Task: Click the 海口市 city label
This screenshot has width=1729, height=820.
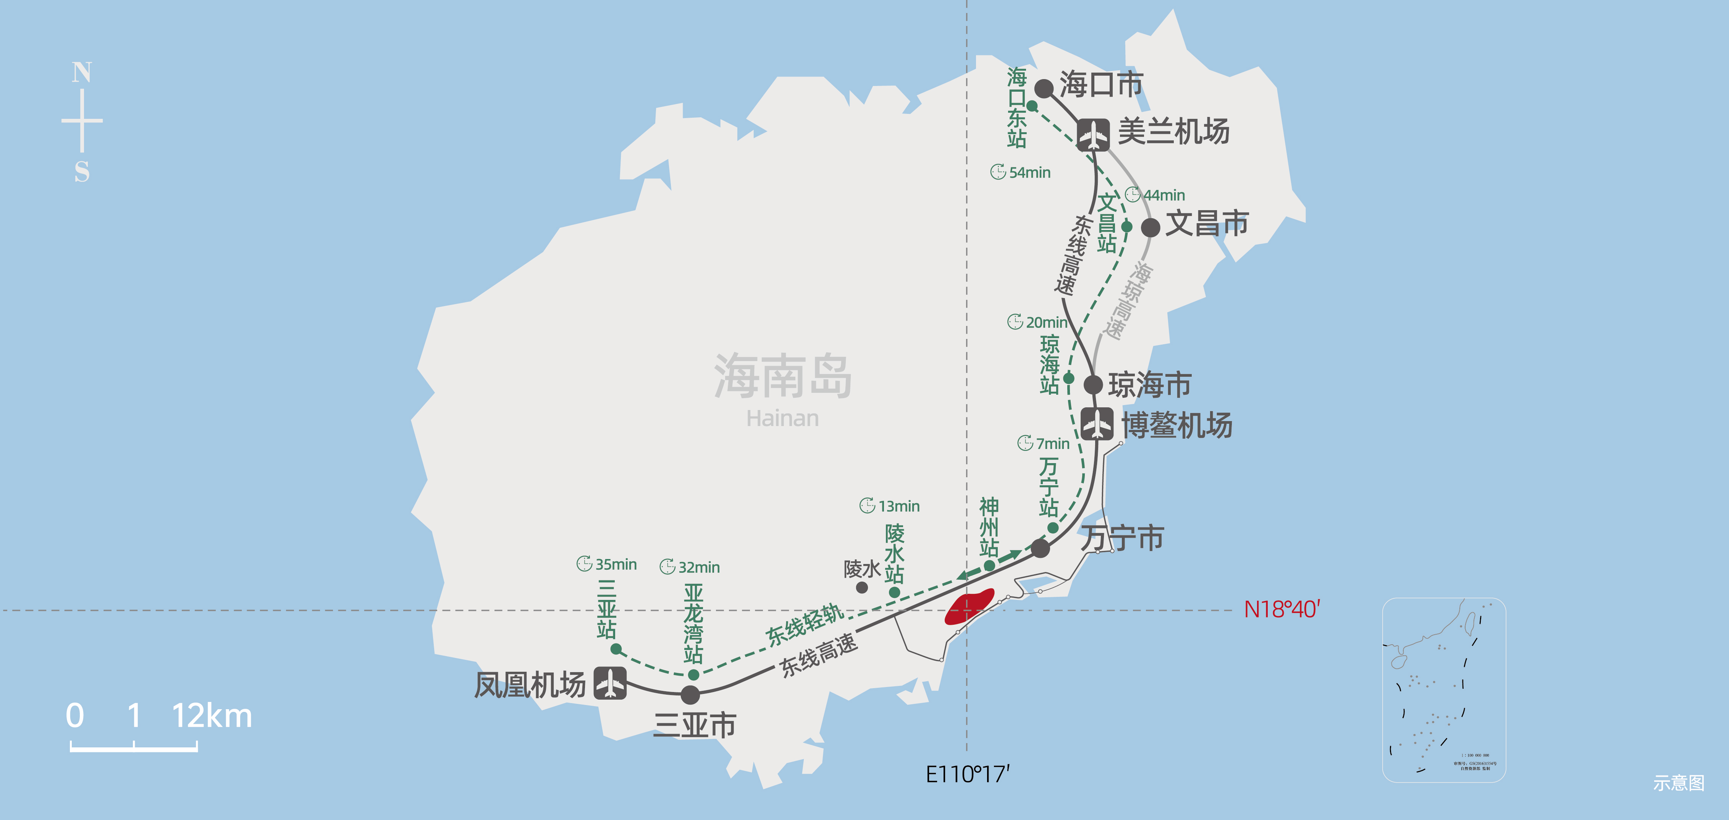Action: [1101, 84]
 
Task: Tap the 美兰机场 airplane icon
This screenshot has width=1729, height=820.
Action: [1093, 135]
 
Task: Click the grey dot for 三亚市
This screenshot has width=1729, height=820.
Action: [690, 694]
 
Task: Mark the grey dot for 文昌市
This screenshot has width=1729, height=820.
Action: [1151, 228]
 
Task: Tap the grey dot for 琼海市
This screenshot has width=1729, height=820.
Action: [1093, 385]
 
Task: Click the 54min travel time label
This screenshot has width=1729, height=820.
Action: [1021, 173]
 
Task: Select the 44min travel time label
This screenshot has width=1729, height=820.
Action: [1156, 195]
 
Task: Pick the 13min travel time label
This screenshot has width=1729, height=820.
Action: [891, 506]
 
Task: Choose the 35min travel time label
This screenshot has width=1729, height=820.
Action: [608, 564]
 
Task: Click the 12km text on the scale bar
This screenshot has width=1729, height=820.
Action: [212, 716]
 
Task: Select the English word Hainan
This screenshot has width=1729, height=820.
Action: [783, 418]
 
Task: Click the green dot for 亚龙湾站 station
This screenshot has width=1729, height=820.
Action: [694, 674]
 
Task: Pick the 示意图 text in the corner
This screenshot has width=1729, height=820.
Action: [1679, 783]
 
